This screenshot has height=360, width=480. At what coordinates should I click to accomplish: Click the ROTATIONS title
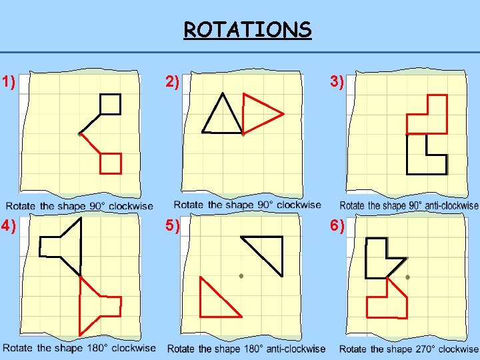click(247, 30)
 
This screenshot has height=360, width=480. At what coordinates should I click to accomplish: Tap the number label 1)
click(9, 83)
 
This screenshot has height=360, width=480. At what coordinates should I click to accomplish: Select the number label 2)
click(172, 83)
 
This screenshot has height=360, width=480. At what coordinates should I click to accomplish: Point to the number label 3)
click(336, 83)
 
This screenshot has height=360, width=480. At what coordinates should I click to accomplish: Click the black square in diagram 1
click(110, 104)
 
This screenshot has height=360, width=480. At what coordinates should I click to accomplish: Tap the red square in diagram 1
click(111, 163)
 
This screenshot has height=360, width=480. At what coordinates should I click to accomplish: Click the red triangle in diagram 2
click(258, 114)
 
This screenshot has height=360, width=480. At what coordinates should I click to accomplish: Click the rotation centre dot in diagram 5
click(241, 275)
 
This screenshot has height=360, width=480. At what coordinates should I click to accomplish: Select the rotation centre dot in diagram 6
click(407, 276)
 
